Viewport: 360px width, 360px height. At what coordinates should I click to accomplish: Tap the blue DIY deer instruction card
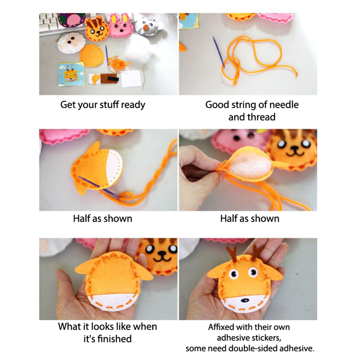[71, 74]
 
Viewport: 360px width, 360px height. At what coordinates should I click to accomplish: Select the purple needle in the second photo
[218, 52]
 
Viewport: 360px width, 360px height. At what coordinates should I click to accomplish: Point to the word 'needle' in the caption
[284, 105]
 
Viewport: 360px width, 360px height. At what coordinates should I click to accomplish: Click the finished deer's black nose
[245, 300]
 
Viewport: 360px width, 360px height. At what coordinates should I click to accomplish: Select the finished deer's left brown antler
[232, 254]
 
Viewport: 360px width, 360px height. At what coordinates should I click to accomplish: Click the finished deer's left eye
[234, 273]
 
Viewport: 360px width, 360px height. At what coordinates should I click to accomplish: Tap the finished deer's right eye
[253, 272]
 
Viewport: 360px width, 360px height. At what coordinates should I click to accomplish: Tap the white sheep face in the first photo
[71, 43]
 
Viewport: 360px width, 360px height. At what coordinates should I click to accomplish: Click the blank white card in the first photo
[131, 79]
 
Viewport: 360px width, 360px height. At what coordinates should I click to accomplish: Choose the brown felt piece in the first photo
[109, 79]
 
